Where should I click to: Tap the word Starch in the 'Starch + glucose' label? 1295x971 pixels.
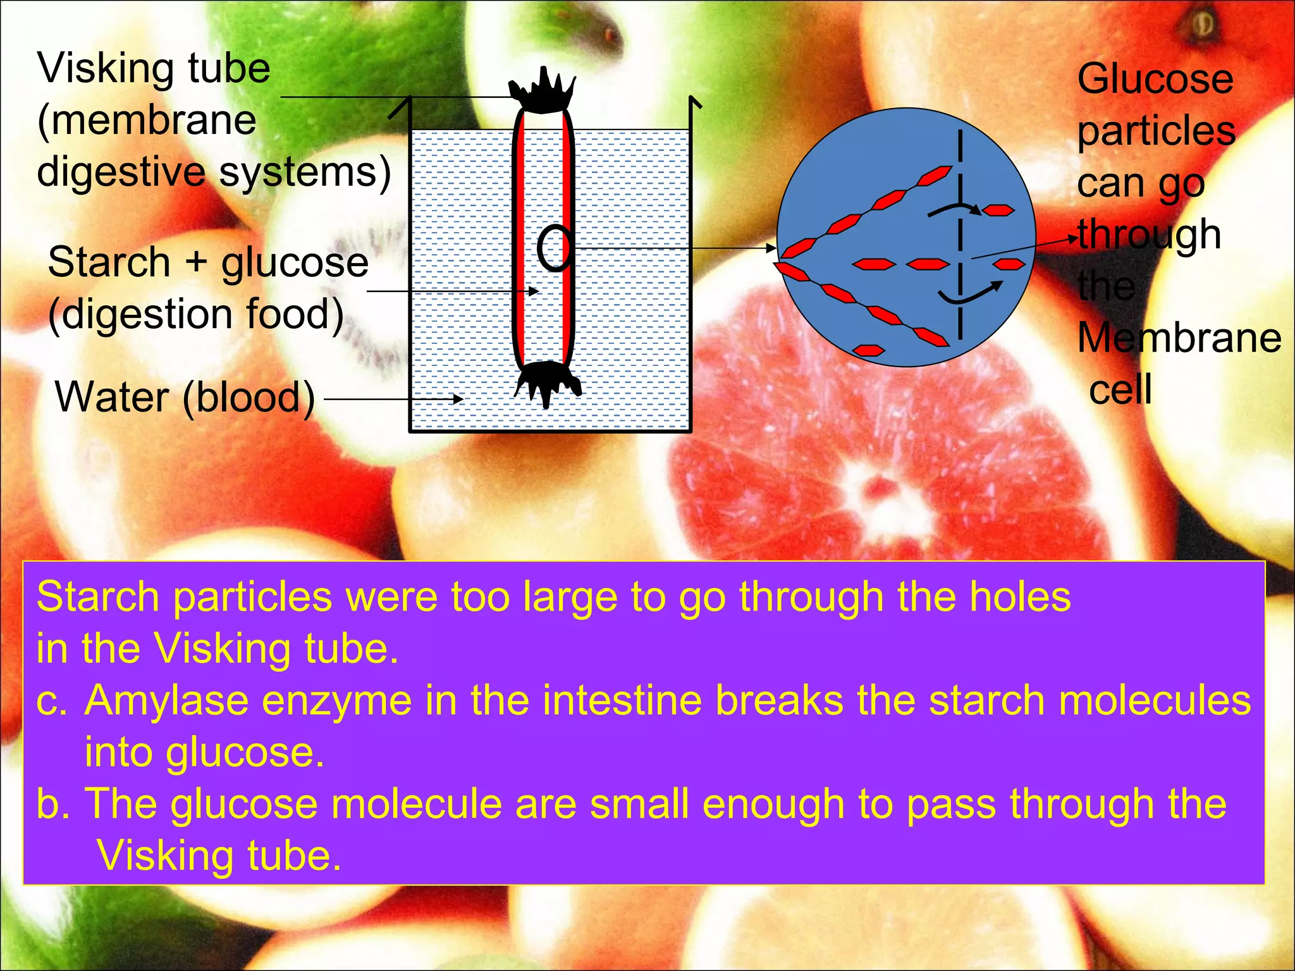tap(109, 262)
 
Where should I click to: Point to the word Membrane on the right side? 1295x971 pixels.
tap(1179, 338)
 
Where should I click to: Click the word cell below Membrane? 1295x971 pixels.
tap(1120, 389)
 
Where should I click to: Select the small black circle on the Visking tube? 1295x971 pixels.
tap(555, 248)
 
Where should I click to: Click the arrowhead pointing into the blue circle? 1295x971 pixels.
tap(771, 248)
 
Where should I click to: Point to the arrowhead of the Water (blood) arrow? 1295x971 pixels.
tap(458, 399)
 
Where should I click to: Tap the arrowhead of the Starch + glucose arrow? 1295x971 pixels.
tap(534, 291)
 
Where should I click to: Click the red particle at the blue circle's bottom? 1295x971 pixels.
tap(868, 350)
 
